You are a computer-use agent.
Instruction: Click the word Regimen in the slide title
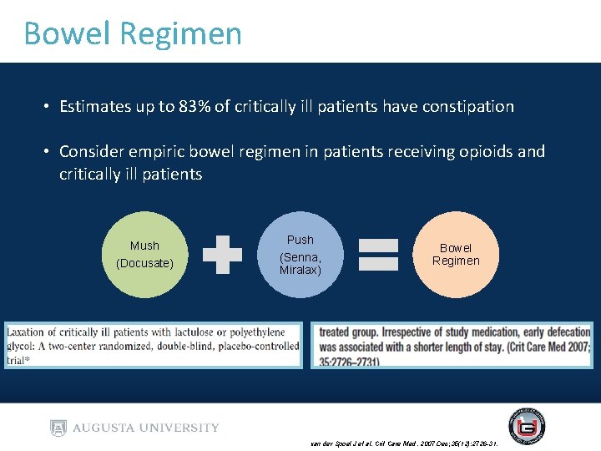pyautogui.click(x=181, y=34)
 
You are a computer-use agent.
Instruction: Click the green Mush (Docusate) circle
pyautogui.click(x=144, y=255)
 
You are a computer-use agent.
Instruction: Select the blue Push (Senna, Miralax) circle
pyautogui.click(x=300, y=255)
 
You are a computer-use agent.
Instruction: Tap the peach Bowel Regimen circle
pyautogui.click(x=456, y=255)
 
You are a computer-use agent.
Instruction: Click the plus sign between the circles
pyautogui.click(x=222, y=255)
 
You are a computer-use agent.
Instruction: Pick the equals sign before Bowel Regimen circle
pyautogui.click(x=378, y=255)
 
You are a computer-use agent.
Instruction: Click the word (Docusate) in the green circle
pyautogui.click(x=144, y=263)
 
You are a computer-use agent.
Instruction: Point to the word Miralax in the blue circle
pyautogui.click(x=300, y=270)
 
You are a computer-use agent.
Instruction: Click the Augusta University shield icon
pyautogui.click(x=58, y=428)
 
